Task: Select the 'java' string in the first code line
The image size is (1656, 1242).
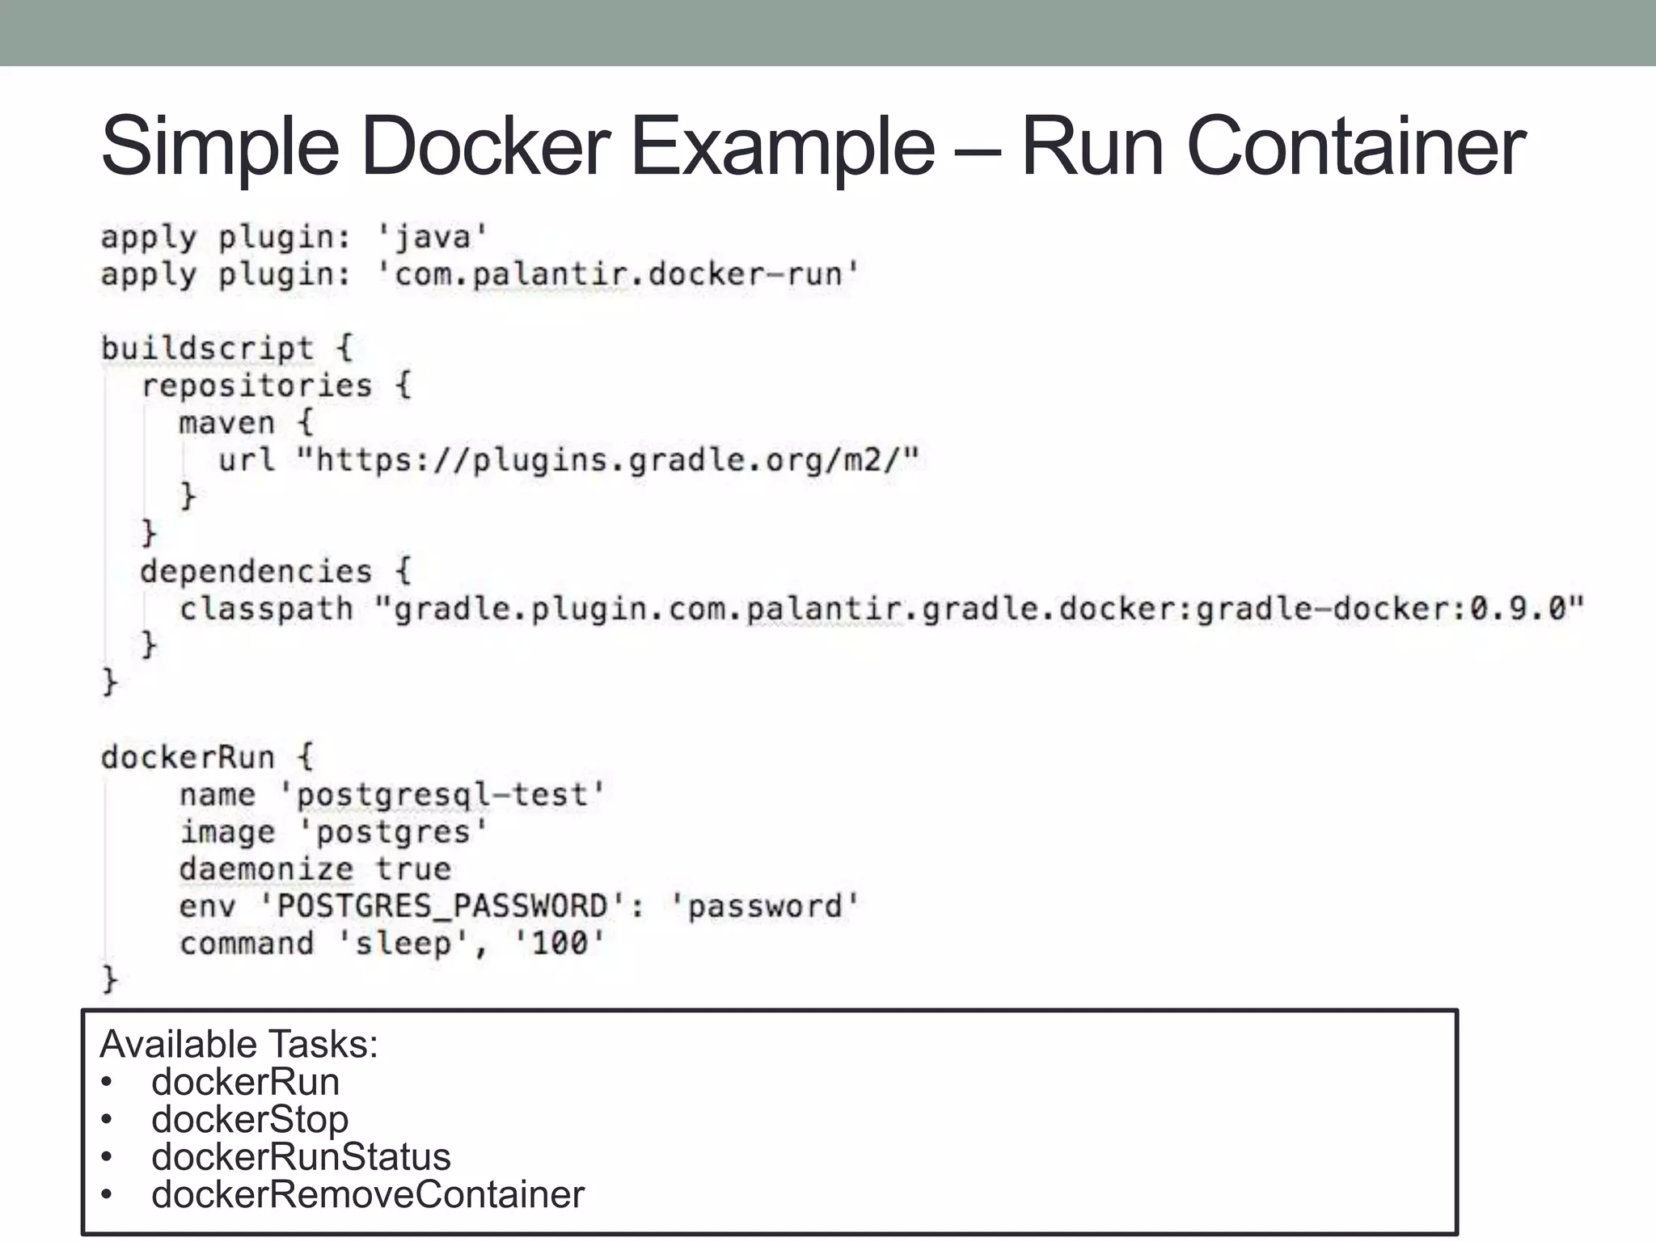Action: coord(433,238)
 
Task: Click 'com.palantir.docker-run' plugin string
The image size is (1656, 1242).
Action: coord(618,275)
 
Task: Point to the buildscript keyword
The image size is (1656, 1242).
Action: coord(207,349)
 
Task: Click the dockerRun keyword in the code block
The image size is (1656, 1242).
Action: coord(188,758)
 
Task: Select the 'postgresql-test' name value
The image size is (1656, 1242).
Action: coord(441,796)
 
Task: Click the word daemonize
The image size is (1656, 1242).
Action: coord(266,870)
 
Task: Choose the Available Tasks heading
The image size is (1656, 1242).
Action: coord(239,1045)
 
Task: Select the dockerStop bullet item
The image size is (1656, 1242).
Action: coord(250,1120)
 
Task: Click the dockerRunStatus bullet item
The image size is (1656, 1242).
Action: coord(301,1157)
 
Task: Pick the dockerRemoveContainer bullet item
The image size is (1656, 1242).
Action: coord(368,1195)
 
